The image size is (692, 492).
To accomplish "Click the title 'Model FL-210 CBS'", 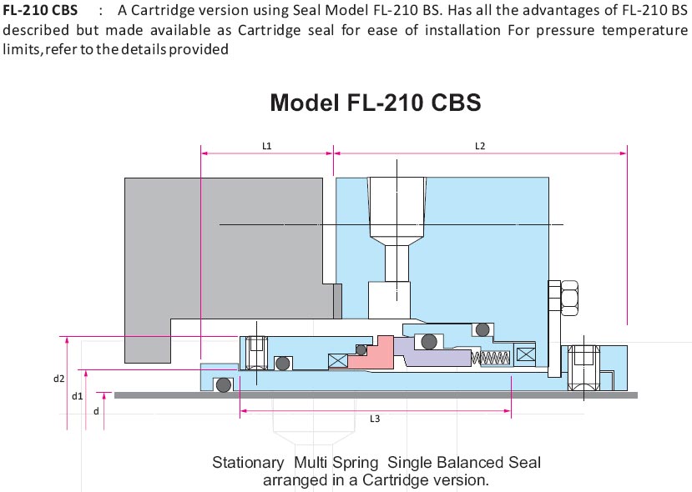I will (376, 103).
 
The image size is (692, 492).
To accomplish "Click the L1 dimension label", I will (267, 145).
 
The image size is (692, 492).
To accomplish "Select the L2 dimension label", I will (480, 145).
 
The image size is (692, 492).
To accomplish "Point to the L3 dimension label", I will (375, 419).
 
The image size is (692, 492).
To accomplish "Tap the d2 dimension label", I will (58, 378).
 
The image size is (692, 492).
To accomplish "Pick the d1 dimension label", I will (76, 396).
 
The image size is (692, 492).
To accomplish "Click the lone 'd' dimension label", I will (95, 410).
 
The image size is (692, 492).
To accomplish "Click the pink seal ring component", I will (371, 354).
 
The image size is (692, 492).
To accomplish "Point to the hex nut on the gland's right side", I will (569, 295).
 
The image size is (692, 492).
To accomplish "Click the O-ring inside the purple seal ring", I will (428, 341).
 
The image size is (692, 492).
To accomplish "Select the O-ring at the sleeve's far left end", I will (222, 385).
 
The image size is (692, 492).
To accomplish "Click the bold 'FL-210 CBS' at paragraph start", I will (41, 11).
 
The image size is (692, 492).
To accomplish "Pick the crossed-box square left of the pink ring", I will (339, 360).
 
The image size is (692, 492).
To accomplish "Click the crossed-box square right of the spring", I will (526, 354).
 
